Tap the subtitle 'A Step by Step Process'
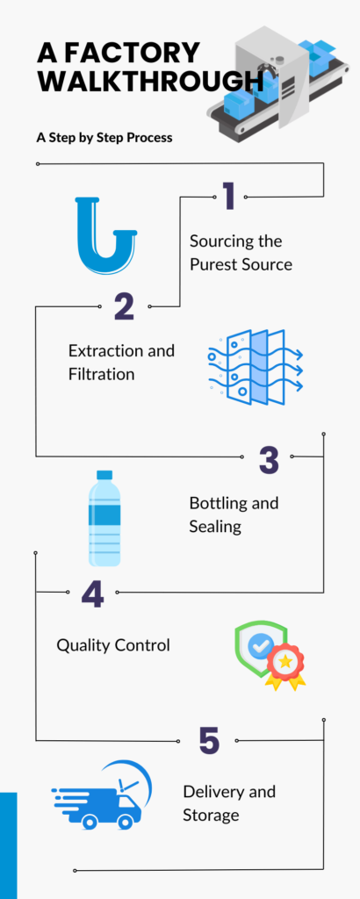click(x=104, y=138)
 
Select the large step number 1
click(x=228, y=196)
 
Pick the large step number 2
click(x=124, y=306)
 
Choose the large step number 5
click(x=209, y=740)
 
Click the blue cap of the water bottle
click(x=104, y=475)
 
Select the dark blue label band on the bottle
click(x=104, y=514)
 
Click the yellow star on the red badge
click(x=284, y=662)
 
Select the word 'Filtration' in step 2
click(x=102, y=374)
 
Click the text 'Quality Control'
click(x=113, y=645)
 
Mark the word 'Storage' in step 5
click(x=211, y=816)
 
